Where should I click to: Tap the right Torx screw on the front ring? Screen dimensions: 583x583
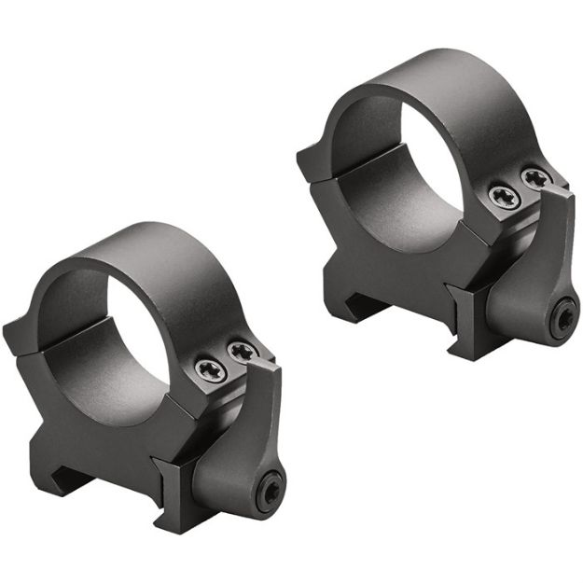[x=242, y=350]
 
